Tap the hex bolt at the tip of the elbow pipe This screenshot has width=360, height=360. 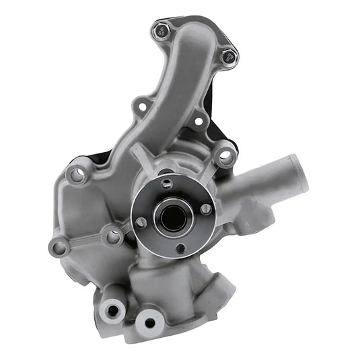coord(160,30)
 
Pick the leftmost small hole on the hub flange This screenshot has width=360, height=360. coord(141,222)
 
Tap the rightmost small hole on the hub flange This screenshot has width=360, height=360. coord(206,209)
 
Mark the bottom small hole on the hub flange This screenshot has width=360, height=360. coord(180,248)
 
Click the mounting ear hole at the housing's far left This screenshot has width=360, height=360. coord(59,248)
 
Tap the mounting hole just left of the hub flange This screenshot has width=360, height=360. coord(114,236)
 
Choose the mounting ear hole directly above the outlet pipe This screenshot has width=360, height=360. coord(225,157)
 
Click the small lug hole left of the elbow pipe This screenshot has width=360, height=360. coord(140,106)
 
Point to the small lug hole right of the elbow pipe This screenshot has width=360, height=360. coord(199,122)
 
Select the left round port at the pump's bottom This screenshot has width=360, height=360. coord(110,310)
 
